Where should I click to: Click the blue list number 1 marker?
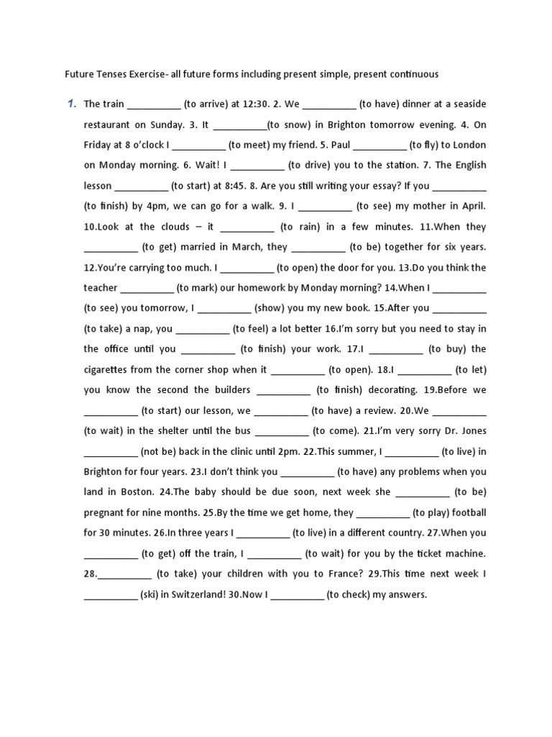pyautogui.click(x=71, y=104)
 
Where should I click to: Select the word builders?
pyautogui.click(x=229, y=390)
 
